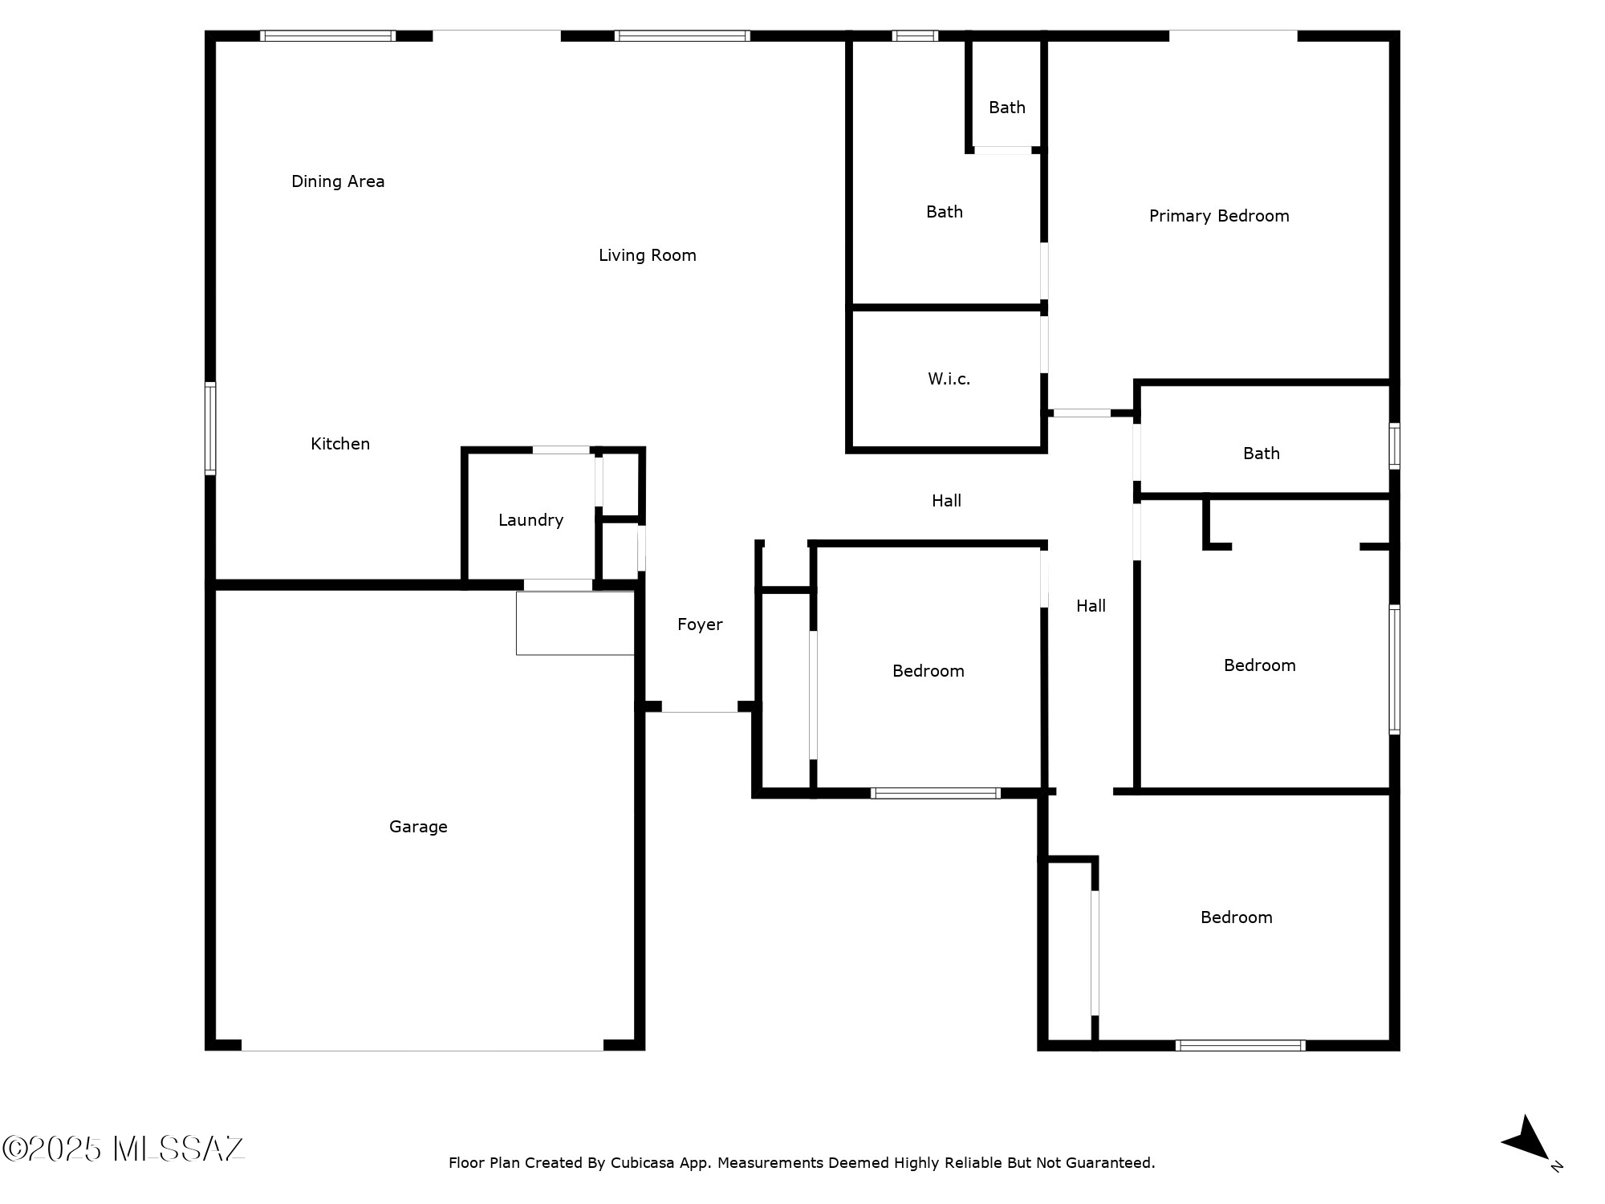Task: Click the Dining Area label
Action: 338,181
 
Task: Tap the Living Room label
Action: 648,255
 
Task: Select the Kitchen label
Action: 340,444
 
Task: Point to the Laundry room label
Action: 530,520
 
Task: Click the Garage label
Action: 418,827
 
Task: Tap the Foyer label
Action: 700,624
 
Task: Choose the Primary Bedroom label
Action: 1219,216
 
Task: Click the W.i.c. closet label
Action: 949,379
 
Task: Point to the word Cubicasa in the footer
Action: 644,1162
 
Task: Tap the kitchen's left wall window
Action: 210,429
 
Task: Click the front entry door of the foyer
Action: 700,707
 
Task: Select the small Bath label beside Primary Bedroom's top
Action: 1007,108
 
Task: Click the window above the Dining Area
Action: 328,35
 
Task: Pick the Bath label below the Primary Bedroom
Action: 1262,454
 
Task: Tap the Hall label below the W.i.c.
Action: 947,501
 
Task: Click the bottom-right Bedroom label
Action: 1237,917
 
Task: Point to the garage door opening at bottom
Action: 422,1046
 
